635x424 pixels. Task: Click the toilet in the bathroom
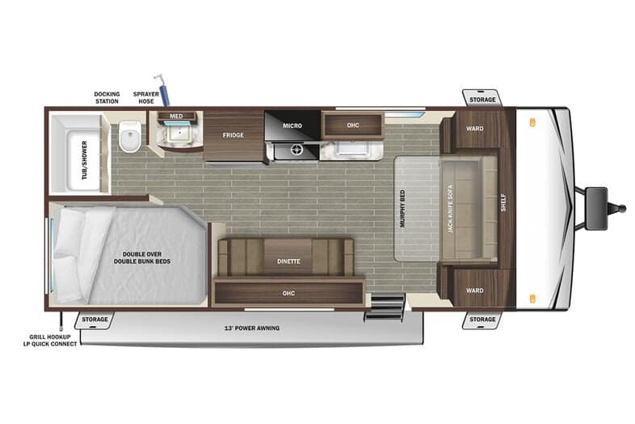(x=130, y=136)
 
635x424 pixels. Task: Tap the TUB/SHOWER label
(x=85, y=160)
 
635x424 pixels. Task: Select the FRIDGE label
(x=233, y=135)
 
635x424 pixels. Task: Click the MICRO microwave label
(x=292, y=125)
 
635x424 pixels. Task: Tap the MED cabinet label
(x=176, y=116)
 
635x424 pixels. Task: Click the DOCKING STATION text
(x=107, y=98)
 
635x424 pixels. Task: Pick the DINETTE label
(x=288, y=261)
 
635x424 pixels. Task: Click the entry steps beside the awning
(x=385, y=307)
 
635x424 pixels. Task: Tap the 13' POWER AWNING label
(x=252, y=328)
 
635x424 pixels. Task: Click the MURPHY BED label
(x=402, y=209)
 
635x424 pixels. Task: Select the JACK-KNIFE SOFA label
(x=450, y=209)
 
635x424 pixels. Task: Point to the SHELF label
(x=503, y=202)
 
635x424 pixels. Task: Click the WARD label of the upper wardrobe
(x=474, y=129)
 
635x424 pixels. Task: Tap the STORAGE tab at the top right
(x=482, y=100)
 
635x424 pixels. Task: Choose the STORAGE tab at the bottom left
(x=95, y=320)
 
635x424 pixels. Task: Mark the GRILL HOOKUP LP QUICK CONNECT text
(x=50, y=341)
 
